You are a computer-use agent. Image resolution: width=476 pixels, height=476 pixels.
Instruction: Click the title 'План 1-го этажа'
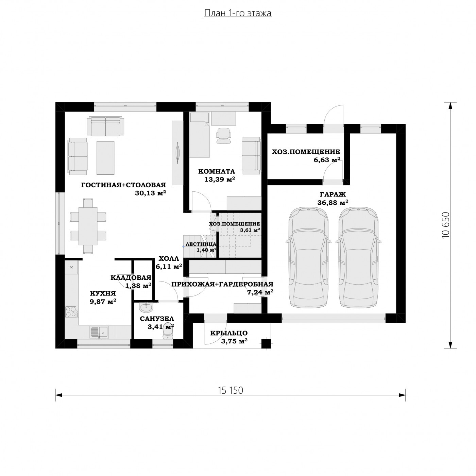point(238,13)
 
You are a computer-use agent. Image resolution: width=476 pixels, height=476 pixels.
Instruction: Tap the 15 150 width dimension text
point(230,390)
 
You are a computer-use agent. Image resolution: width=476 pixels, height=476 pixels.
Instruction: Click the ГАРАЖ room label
point(333,194)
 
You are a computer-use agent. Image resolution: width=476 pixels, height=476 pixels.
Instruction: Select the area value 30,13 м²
point(150,193)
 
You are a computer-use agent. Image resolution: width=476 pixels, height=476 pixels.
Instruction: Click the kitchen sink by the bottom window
point(99,332)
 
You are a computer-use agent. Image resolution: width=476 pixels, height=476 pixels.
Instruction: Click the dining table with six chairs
point(88,226)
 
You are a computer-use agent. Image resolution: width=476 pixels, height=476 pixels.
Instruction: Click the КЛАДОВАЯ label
point(131,278)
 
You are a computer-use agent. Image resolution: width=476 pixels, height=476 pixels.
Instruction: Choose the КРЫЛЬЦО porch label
point(229,333)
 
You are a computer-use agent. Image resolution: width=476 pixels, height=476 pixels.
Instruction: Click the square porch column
point(266,344)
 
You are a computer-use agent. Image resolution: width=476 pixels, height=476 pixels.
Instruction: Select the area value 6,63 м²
point(327,160)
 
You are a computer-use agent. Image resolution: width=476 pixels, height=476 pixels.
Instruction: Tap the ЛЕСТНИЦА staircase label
point(201,244)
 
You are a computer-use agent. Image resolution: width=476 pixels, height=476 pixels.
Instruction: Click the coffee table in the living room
point(105,158)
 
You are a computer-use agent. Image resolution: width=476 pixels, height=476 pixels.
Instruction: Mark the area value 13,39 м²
point(220,179)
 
